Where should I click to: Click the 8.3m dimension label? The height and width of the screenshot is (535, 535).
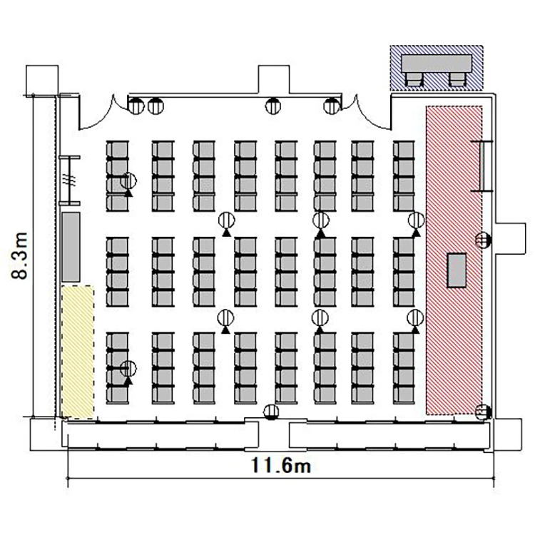coord(19,256)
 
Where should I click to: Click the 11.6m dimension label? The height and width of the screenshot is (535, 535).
coord(281,465)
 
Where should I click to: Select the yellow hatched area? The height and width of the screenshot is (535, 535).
coord(78,352)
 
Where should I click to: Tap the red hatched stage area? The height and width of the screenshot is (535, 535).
coord(454,260)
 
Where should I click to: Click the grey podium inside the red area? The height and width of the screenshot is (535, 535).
coord(457,270)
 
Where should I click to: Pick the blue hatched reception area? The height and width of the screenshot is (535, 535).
coord(437,68)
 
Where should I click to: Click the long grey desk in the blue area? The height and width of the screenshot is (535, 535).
coord(437,63)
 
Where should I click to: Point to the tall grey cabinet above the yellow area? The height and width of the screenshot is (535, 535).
coord(71,247)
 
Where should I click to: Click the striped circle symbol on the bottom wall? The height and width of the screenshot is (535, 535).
coord(271,412)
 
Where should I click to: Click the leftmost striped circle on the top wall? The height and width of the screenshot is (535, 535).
coord(136,106)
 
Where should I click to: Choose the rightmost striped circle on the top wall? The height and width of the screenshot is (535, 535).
coord(332,106)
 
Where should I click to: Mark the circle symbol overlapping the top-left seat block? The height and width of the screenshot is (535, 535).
coord(128,181)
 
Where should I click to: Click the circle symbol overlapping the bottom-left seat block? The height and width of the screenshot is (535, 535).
coord(128,369)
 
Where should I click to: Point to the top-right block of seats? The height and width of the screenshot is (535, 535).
coord(404,176)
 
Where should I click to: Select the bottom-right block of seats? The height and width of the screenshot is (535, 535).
coord(404,368)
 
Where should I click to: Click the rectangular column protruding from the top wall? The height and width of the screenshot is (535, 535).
coord(274,79)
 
